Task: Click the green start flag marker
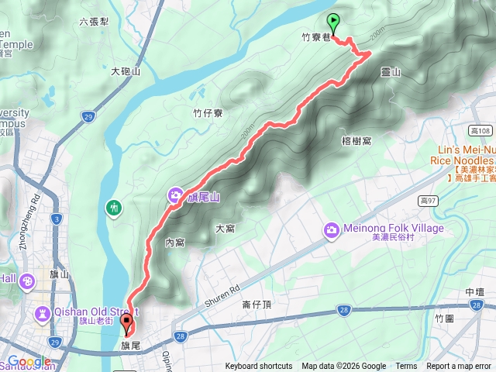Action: point(334,21)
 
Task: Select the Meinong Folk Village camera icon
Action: point(332,229)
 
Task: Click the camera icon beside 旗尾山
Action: point(176,196)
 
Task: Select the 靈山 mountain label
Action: point(391,72)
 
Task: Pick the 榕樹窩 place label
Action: point(356,140)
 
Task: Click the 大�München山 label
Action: point(126,71)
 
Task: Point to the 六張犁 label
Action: point(94,22)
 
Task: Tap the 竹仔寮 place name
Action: point(208,113)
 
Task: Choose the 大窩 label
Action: point(225,229)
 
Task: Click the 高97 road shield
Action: point(427,201)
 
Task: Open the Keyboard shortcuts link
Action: point(259,367)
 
